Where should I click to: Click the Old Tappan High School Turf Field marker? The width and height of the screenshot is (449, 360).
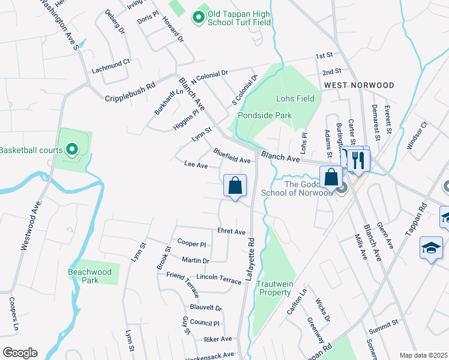[199, 17]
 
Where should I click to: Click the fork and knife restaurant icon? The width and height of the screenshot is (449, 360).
[358, 160]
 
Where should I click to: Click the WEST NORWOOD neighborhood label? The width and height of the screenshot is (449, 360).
[359, 86]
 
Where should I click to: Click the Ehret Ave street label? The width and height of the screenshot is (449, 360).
[232, 232]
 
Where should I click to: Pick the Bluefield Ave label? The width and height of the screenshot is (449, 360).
[232, 156]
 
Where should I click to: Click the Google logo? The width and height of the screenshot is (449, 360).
[19, 353]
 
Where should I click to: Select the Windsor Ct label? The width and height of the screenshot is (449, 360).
[417, 136]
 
